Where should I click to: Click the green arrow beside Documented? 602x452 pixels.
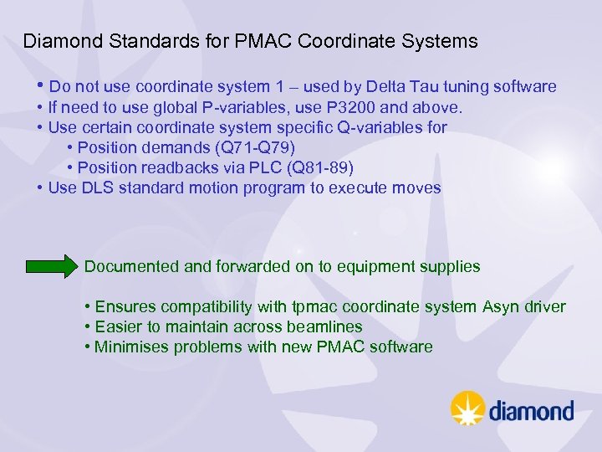pyautogui.click(x=51, y=267)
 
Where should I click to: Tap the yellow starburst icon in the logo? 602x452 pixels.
pyautogui.click(x=467, y=408)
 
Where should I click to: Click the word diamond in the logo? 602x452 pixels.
pyautogui.click(x=531, y=411)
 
